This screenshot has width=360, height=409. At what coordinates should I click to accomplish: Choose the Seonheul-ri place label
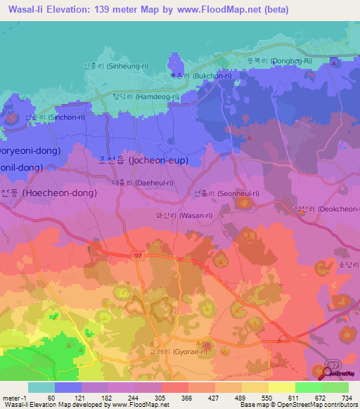(226, 193)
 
